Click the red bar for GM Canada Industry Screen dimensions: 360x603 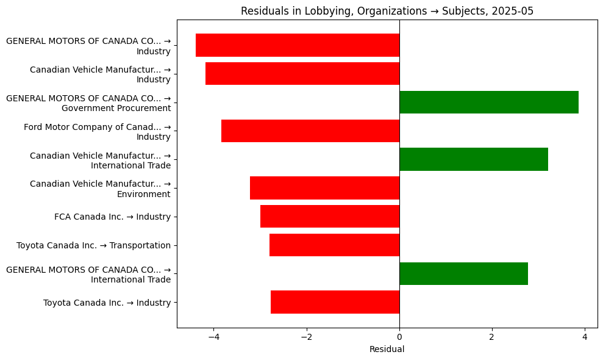[298, 45]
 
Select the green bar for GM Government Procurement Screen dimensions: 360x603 [488, 102]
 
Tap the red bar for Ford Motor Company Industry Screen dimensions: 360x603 [310, 131]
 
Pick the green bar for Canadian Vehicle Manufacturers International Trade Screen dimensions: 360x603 [473, 159]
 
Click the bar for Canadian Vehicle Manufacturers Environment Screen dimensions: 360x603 [324, 188]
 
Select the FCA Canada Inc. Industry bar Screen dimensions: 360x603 [330, 217]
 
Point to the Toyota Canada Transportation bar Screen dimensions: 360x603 [334, 245]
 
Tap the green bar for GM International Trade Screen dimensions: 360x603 [463, 273]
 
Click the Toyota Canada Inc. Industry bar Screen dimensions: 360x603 [335, 302]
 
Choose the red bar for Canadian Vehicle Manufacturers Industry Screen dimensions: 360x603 [302, 73]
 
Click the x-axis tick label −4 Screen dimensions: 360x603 [213, 337]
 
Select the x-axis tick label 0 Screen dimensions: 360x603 [399, 337]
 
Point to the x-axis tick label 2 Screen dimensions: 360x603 [491, 337]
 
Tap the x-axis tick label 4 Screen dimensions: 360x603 [584, 337]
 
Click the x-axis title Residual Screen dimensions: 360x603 [387, 350]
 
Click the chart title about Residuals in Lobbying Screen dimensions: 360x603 [387, 11]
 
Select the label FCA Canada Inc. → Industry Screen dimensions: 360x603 [112, 217]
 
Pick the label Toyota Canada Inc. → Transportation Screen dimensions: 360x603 [93, 245]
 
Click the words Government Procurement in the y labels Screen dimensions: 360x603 [116, 108]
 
